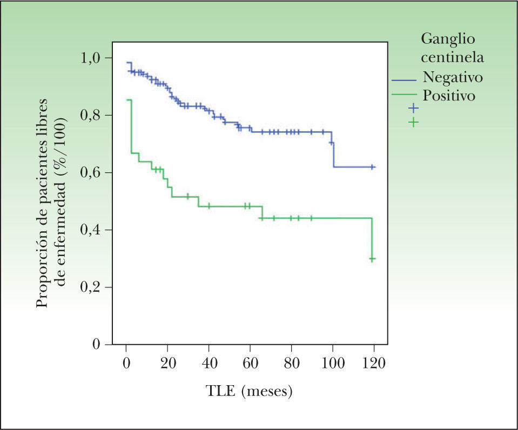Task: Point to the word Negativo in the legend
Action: click(453, 77)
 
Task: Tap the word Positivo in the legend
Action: click(449, 96)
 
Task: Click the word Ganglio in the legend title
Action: click(448, 39)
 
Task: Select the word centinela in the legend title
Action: click(452, 57)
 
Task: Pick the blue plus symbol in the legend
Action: click(413, 107)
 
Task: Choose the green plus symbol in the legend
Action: click(413, 123)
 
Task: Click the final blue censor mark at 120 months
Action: click(373, 167)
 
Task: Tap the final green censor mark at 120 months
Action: click(372, 259)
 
